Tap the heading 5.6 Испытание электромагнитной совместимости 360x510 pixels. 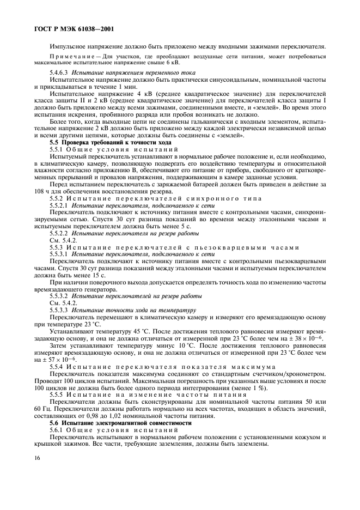[115, 422]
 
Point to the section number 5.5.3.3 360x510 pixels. [59, 309]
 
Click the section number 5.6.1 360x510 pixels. [57, 429]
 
